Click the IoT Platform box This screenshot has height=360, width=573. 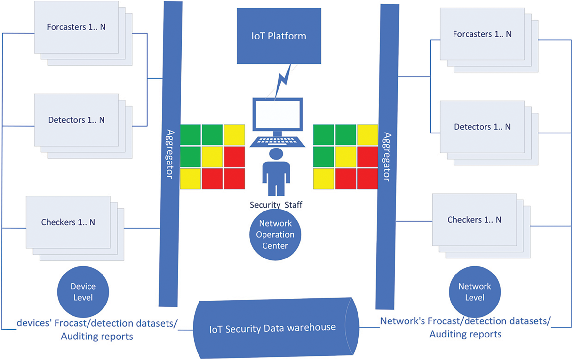coord(279,36)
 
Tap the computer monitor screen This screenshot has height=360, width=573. coord(277,114)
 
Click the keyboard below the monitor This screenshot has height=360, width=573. coord(277,141)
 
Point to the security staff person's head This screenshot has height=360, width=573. coord(276,154)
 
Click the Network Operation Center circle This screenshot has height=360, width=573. coord(275,234)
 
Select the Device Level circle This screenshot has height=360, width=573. coord(83,291)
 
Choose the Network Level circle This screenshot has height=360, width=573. coord(474,291)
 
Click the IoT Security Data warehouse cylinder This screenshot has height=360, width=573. coord(273,328)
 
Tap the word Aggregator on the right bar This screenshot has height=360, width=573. coord(387,157)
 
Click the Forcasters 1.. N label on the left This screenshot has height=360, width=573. coord(76,27)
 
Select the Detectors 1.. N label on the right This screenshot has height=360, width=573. coord(482,127)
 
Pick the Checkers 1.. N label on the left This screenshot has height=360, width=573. coord(68,222)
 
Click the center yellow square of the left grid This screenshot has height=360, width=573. coord(212,157)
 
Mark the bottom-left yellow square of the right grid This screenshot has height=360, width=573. coord(324,179)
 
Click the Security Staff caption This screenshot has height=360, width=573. coord(276,205)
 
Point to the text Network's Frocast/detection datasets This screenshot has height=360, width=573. coord(465,321)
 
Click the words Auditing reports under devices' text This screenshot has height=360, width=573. coord(97,337)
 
